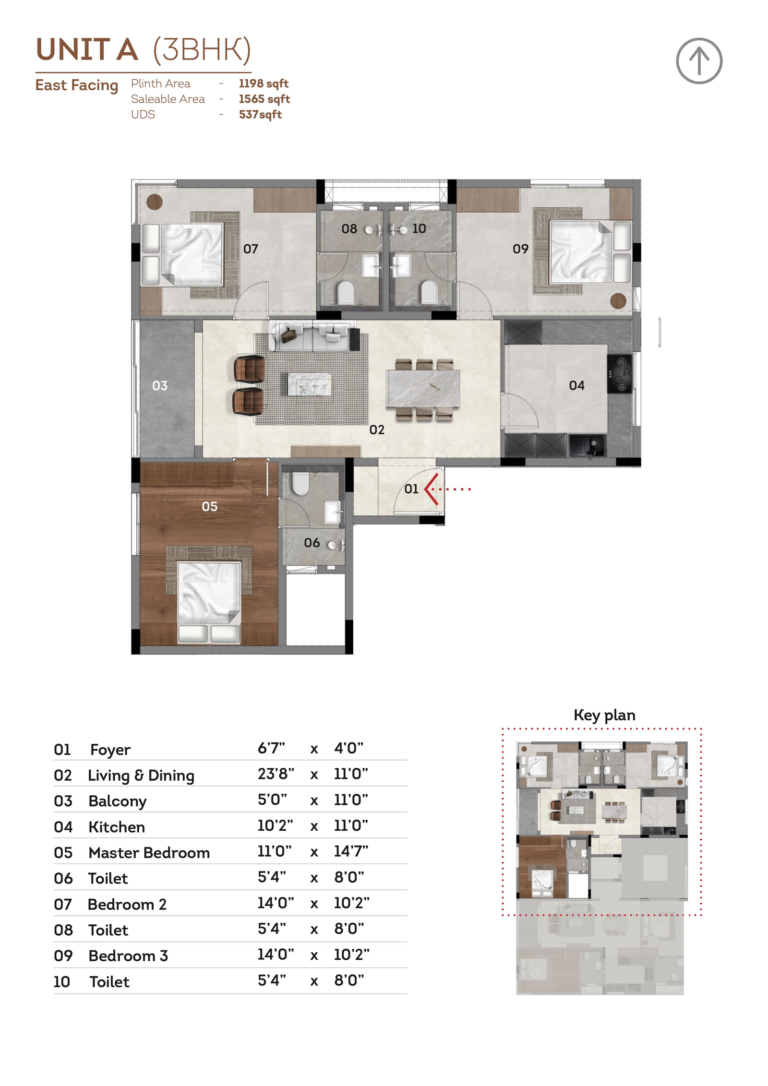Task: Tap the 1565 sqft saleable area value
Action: coord(264,99)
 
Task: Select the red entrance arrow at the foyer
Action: coord(432,489)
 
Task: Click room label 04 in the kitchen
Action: coord(576,385)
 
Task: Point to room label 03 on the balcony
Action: coord(160,386)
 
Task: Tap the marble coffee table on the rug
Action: coord(310,384)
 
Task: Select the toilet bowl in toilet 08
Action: coord(346,292)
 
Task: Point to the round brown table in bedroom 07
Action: coord(155,202)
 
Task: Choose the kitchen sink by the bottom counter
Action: coord(588,445)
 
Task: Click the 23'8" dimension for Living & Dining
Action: coord(276,774)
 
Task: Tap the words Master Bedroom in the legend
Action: coord(149,853)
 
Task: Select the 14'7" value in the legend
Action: coord(351,851)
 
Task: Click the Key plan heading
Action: coord(604,716)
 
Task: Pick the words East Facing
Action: coord(77,85)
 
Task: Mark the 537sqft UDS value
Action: coord(260,115)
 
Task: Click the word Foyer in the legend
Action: coord(110,750)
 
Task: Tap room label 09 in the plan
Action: coord(520,249)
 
